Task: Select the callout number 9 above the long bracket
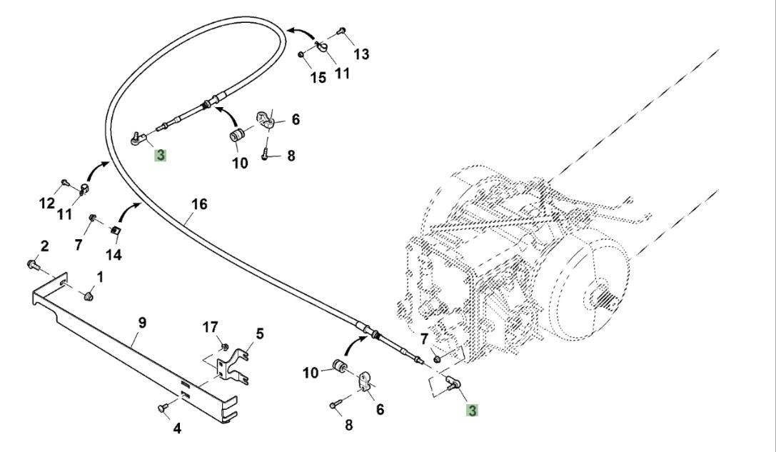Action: pyautogui.click(x=142, y=322)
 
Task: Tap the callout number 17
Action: pyautogui.click(x=209, y=327)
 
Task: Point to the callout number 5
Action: pyautogui.click(x=260, y=333)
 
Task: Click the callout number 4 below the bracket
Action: pyautogui.click(x=177, y=428)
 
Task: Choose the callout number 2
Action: pyautogui.click(x=44, y=246)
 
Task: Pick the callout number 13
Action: pyautogui.click(x=361, y=54)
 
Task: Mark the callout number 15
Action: pyautogui.click(x=318, y=77)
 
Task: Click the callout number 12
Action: pyautogui.click(x=46, y=204)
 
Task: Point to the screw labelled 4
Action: pyautogui.click(x=162, y=408)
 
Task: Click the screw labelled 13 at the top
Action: pyautogui.click(x=343, y=31)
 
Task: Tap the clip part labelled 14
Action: pyautogui.click(x=114, y=229)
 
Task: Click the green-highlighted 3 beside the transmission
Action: pyautogui.click(x=473, y=411)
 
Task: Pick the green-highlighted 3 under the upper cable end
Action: pyautogui.click(x=161, y=154)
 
